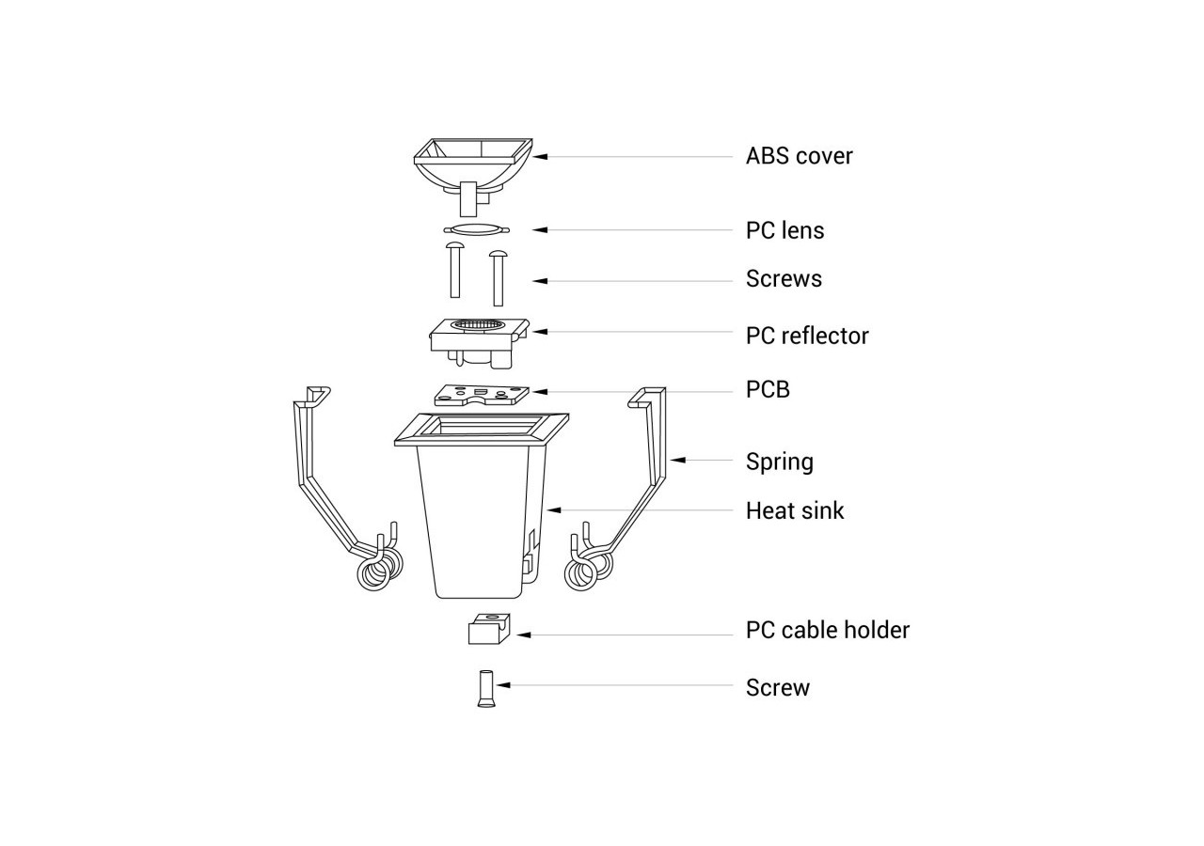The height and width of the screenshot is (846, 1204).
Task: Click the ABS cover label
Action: click(x=799, y=156)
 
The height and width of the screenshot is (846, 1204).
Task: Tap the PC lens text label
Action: click(x=784, y=230)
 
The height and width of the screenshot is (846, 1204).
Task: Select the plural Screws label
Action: click(x=784, y=279)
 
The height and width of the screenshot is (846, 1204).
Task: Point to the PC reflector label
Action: click(x=807, y=336)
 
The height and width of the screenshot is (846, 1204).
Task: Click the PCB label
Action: click(x=768, y=389)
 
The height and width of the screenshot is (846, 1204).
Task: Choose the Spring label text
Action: click(x=779, y=462)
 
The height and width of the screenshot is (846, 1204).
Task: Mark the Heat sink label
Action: click(x=795, y=510)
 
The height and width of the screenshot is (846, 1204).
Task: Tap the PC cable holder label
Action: click(x=827, y=630)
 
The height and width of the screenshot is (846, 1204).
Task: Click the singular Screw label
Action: click(x=777, y=687)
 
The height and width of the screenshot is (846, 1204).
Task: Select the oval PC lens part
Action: click(x=476, y=228)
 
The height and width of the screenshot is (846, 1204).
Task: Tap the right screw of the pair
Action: click(x=498, y=277)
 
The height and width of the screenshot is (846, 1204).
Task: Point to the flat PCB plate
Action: click(x=479, y=395)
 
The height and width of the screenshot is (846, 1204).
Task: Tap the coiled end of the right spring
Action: click(x=587, y=569)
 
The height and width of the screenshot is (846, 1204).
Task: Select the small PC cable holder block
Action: click(x=488, y=629)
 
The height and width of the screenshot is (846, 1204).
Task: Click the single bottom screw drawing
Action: click(x=486, y=688)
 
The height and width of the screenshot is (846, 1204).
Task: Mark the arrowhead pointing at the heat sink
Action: click(x=555, y=510)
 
